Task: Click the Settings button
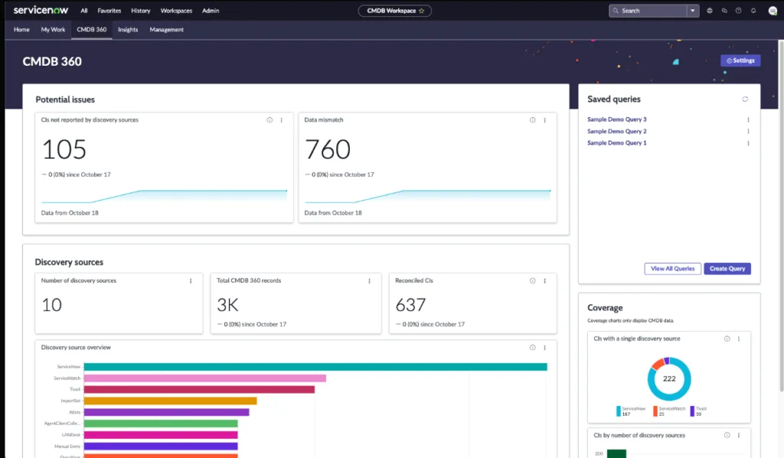click(740, 60)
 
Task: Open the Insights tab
click(128, 30)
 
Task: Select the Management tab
click(167, 30)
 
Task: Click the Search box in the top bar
click(651, 11)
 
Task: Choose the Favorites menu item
click(109, 11)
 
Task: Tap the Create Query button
click(727, 268)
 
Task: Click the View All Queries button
click(673, 268)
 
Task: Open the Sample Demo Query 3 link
click(617, 119)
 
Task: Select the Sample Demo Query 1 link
click(617, 143)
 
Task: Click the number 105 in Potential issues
click(64, 149)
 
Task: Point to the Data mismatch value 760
click(328, 149)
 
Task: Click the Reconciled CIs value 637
click(410, 305)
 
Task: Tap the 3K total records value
click(228, 305)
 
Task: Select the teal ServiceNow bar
click(315, 367)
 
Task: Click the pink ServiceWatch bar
click(204, 378)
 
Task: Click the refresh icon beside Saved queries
click(745, 99)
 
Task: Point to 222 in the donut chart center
click(669, 379)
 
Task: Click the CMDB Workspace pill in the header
click(394, 11)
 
